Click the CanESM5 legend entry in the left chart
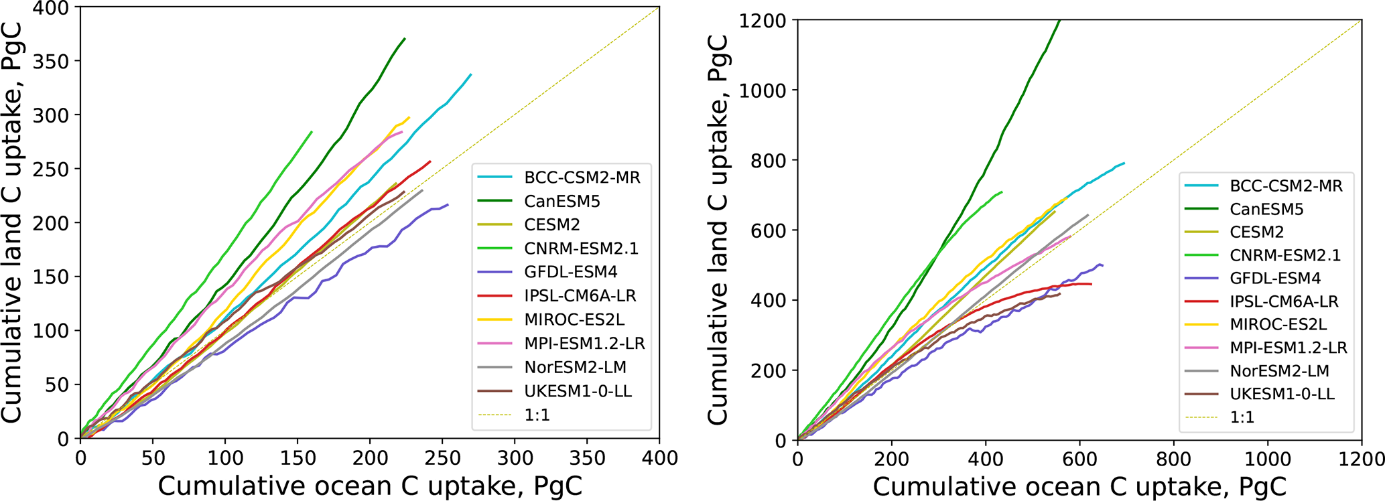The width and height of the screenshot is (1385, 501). click(562, 201)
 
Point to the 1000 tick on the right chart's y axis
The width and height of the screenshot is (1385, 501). click(763, 90)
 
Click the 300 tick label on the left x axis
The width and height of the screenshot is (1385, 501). click(515, 459)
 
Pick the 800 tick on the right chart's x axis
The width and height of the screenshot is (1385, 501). click(1173, 460)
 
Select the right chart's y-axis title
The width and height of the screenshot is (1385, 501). click(717, 229)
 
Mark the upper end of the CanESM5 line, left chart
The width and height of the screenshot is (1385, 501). click(405, 39)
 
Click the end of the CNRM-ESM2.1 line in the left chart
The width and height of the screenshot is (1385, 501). click(312, 132)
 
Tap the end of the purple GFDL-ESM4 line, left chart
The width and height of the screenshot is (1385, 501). click(448, 205)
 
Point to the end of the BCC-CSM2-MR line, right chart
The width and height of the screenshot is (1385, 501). click(1124, 163)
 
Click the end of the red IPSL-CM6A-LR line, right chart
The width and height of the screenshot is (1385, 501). click(1091, 285)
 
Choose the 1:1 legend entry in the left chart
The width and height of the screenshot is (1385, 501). click(537, 415)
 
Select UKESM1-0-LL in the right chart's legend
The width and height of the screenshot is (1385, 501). click(1282, 394)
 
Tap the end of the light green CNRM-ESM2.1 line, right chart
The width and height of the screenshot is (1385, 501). click(1002, 192)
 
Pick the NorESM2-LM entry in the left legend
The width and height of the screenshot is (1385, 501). click(575, 367)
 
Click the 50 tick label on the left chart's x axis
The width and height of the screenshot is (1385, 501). click(153, 459)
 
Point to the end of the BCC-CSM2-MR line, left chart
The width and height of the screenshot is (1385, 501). click(471, 74)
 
